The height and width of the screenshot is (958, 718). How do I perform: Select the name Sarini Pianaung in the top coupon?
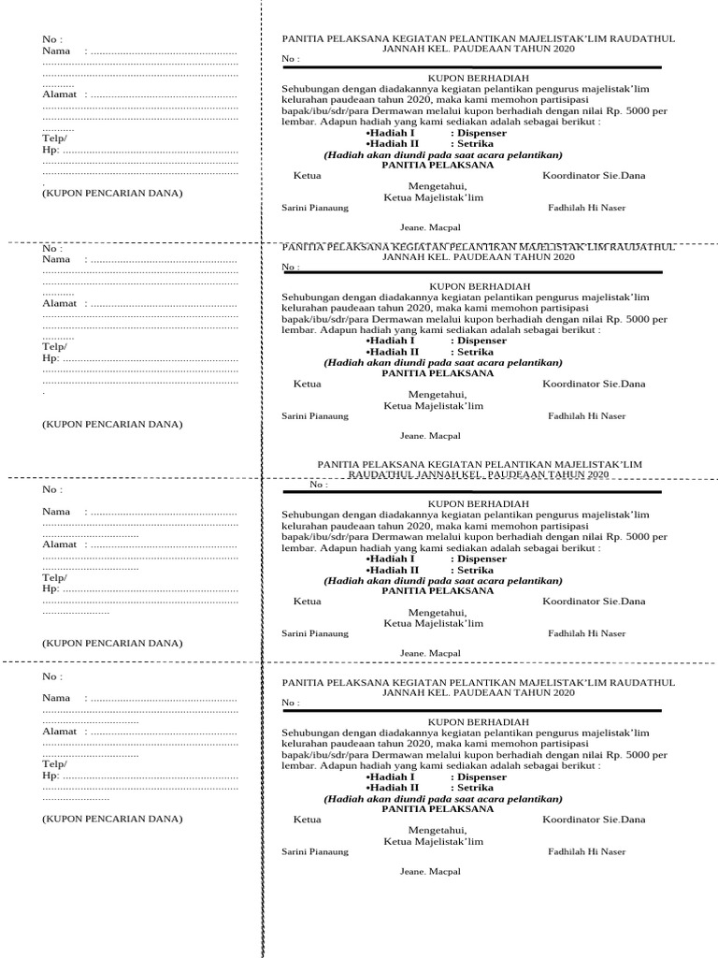click(x=315, y=208)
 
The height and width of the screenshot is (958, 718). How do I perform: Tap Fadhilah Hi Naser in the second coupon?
click(x=587, y=416)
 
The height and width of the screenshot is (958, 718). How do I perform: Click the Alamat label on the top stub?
click(x=59, y=94)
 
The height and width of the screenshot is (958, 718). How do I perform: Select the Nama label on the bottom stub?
click(x=56, y=698)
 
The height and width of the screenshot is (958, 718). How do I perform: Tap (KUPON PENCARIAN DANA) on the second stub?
click(x=112, y=424)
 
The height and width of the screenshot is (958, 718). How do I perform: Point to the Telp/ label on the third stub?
click(x=54, y=578)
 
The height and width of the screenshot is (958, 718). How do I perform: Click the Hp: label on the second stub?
click(x=50, y=357)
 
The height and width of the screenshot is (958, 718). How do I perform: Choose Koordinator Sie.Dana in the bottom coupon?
click(x=594, y=820)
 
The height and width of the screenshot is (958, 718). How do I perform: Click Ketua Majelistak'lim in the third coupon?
click(x=434, y=623)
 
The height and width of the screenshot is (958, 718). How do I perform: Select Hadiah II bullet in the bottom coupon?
click(x=393, y=788)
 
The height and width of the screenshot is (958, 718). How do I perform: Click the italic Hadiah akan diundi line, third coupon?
click(x=443, y=580)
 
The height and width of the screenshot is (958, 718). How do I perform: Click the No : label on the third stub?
click(x=52, y=489)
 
